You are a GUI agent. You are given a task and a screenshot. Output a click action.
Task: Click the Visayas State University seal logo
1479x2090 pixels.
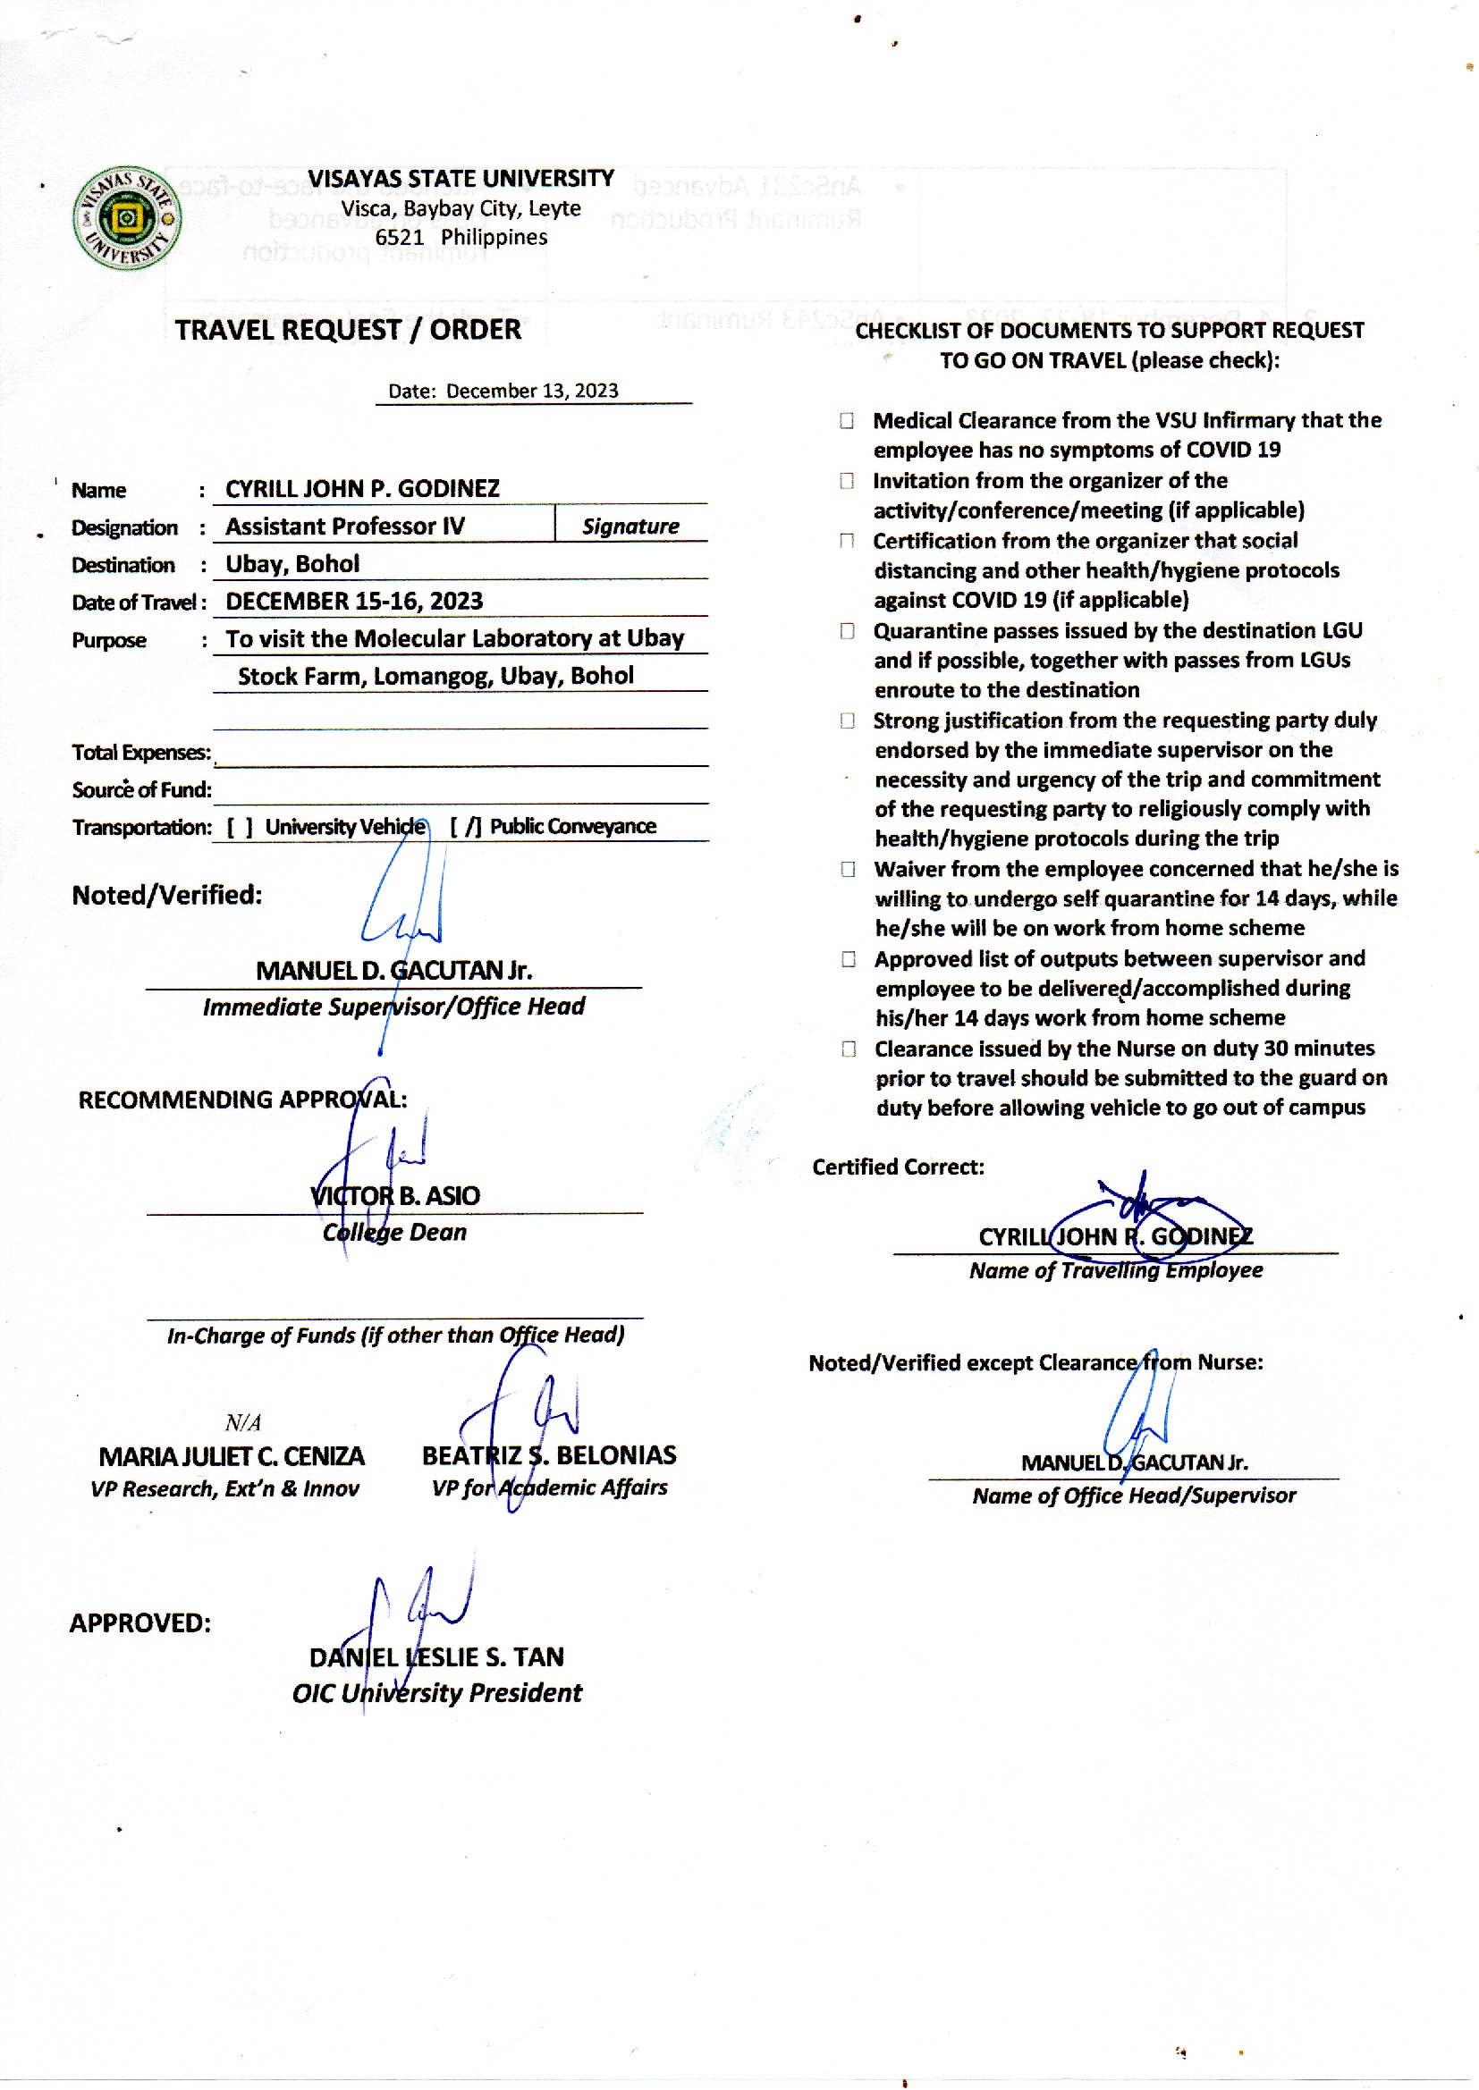tap(127, 218)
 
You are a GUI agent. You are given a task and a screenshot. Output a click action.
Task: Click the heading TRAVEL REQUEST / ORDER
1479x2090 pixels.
tap(348, 330)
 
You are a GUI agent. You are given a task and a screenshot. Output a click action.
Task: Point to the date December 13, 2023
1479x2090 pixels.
tap(532, 392)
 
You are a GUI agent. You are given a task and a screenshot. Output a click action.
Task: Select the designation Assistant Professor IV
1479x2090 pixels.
tap(345, 527)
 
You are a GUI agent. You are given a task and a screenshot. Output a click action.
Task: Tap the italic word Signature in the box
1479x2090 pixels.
tap(630, 527)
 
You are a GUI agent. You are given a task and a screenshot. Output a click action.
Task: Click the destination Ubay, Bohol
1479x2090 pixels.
tap(292, 564)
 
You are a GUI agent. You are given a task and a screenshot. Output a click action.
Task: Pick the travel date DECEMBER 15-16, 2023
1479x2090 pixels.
tap(354, 602)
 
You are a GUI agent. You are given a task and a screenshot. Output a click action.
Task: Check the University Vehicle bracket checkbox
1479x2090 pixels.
tap(240, 828)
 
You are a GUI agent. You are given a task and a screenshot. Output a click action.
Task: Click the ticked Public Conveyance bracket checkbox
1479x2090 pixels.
tap(465, 828)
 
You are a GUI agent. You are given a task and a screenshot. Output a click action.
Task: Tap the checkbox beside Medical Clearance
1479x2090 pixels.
tap(847, 420)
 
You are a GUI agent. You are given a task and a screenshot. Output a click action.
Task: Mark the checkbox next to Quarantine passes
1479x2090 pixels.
tap(847, 631)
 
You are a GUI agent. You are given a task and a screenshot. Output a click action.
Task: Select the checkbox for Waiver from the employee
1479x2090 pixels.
tap(848, 869)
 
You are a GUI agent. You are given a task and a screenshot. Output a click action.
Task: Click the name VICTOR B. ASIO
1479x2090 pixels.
tap(394, 1196)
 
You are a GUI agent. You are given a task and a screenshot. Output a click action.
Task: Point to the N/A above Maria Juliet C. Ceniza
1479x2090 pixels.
tap(242, 1423)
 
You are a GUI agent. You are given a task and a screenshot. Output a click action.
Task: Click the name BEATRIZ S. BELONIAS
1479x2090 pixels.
tap(549, 1455)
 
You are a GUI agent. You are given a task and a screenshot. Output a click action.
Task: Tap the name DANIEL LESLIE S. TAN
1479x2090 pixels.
tap(436, 1657)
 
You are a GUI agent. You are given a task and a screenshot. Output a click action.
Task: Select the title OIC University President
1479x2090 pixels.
tap(436, 1693)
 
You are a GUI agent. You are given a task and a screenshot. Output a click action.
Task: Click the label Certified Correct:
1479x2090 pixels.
tap(898, 1167)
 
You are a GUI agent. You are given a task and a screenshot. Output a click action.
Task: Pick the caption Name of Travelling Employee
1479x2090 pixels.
tap(1116, 1271)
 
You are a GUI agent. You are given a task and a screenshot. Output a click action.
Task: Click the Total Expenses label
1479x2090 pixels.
tap(140, 753)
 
